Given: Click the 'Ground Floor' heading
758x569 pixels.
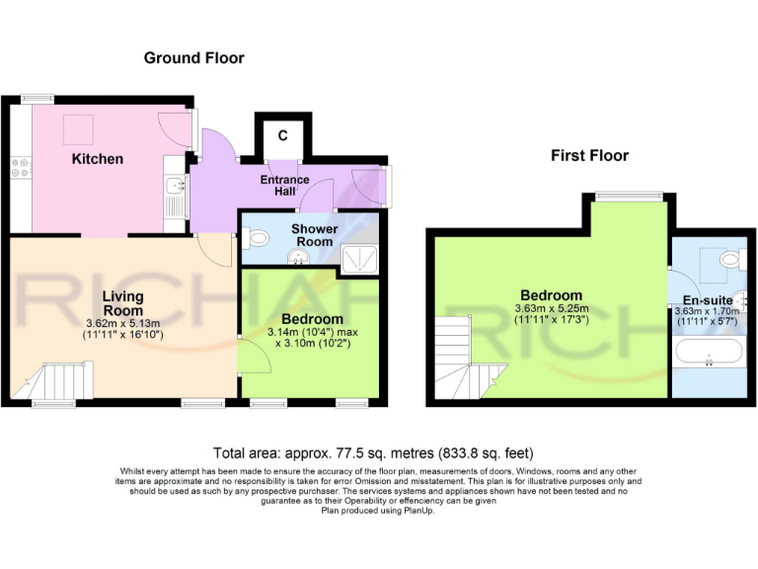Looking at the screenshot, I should pyautogui.click(x=193, y=58).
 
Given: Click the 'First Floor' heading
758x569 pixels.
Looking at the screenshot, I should pyautogui.click(x=589, y=155).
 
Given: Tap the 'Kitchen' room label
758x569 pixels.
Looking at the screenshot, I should pyautogui.click(x=97, y=158).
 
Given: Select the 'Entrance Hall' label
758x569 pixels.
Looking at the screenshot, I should pyautogui.click(x=284, y=185).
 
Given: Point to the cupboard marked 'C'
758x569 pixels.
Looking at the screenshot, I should pyautogui.click(x=282, y=135).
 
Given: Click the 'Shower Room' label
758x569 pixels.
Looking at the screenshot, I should pyautogui.click(x=314, y=235).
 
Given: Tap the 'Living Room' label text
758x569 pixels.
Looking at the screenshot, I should pyautogui.click(x=123, y=303).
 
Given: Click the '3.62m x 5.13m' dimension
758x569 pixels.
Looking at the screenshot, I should pyautogui.click(x=123, y=322).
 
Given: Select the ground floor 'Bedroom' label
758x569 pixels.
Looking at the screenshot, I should pyautogui.click(x=312, y=319).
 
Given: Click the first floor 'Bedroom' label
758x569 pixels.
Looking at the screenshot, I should pyautogui.click(x=551, y=295).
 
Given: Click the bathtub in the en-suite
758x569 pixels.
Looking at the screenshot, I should pyautogui.click(x=708, y=352).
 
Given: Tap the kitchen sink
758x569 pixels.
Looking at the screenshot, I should pyautogui.click(x=174, y=186).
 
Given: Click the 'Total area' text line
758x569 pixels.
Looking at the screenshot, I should pyautogui.click(x=379, y=449).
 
